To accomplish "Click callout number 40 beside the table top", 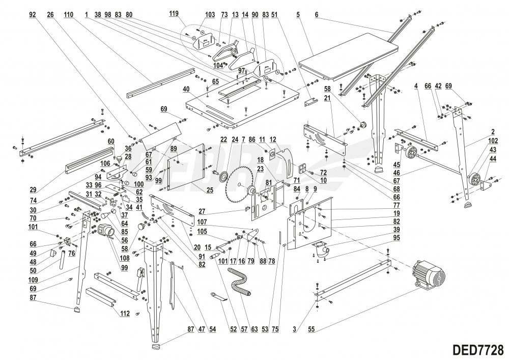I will click(x=187, y=89).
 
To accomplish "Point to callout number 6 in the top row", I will click(x=316, y=15).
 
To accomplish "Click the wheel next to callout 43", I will click(x=474, y=180).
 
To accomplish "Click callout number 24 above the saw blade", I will click(x=235, y=139).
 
